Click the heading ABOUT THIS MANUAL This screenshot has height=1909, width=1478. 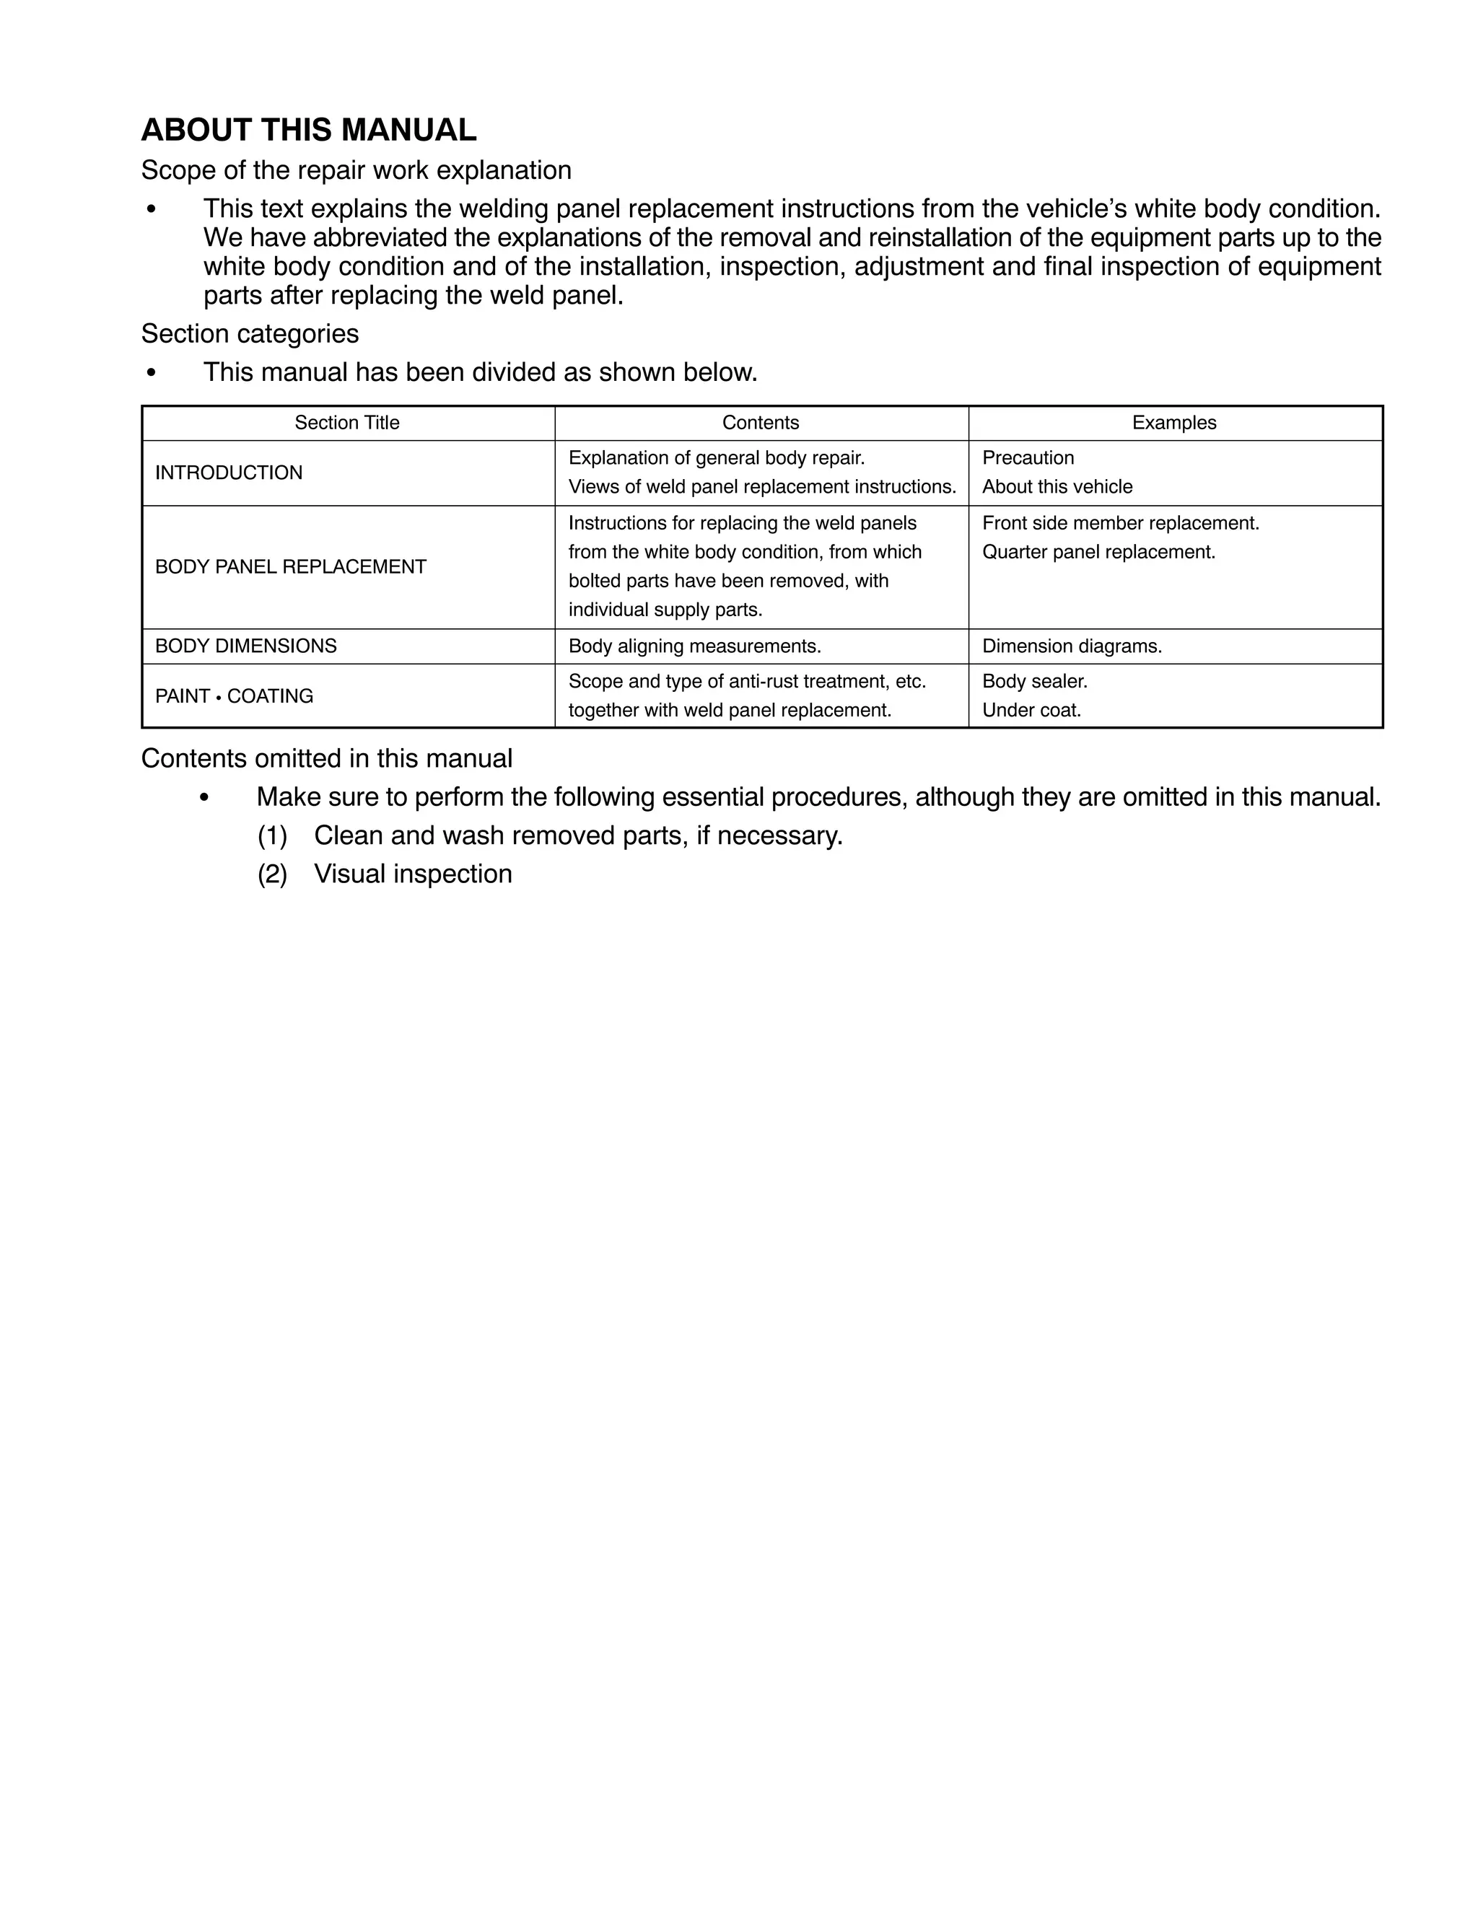(309, 131)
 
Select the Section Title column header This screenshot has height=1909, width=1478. (346, 423)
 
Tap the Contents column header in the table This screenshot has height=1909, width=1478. (760, 423)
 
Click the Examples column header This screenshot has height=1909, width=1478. (1173, 423)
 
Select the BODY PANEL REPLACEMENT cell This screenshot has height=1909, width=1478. (290, 567)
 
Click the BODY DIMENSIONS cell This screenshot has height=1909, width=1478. (246, 646)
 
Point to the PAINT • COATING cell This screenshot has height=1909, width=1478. (234, 697)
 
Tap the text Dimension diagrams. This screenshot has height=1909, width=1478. (1071, 646)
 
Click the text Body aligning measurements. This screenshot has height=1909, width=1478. (694, 646)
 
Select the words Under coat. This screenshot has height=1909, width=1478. (1031, 711)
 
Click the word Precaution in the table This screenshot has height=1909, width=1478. (1028, 458)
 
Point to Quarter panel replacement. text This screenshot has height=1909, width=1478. (1098, 553)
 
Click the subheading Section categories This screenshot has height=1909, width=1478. (250, 334)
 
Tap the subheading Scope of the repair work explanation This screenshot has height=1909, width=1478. (356, 170)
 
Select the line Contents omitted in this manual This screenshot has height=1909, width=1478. (326, 759)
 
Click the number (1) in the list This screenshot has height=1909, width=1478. (272, 835)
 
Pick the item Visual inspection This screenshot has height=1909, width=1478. (413, 874)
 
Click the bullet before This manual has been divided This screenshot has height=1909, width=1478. (152, 373)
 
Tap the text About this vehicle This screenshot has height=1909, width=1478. (1057, 487)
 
